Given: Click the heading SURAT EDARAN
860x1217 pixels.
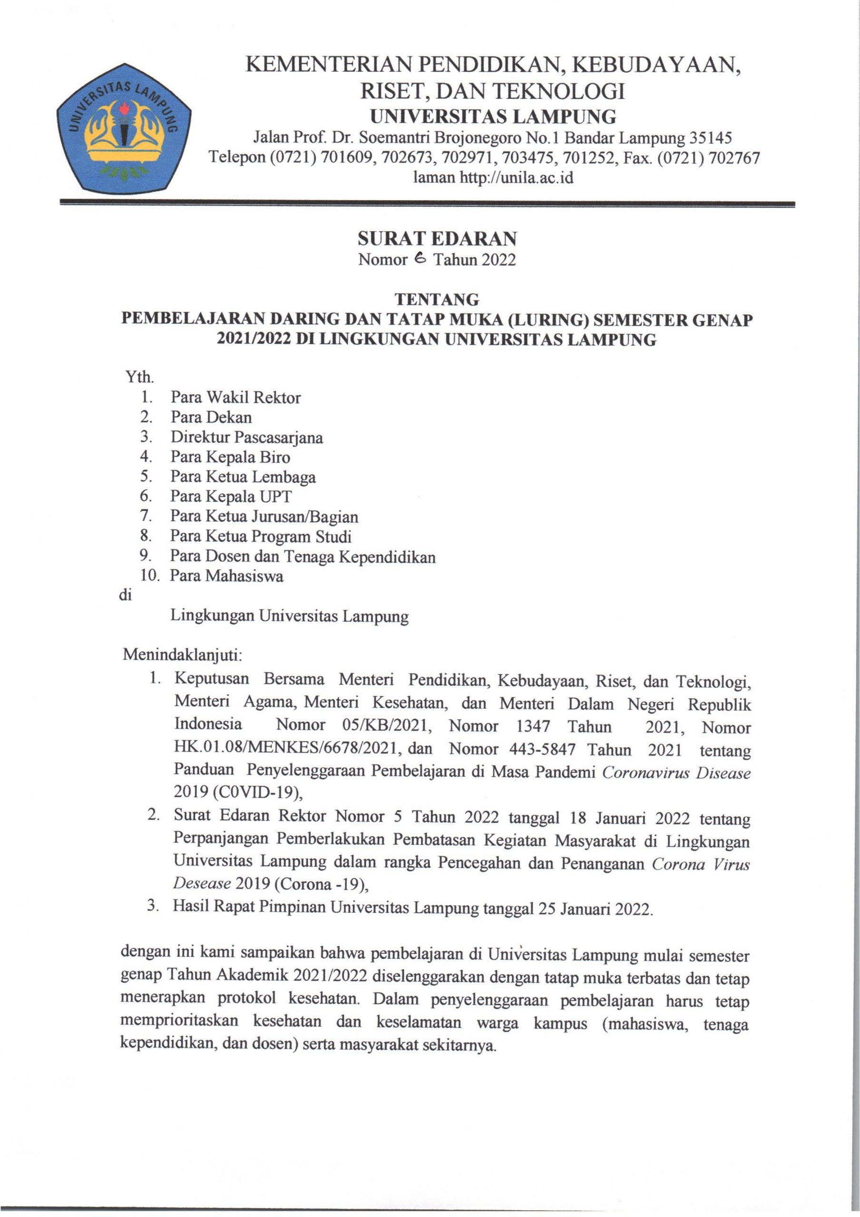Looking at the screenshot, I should click(437, 239).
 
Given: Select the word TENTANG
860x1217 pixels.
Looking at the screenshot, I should click(437, 300).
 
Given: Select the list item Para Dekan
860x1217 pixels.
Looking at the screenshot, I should click(211, 417).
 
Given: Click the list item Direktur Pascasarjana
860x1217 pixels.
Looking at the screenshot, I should click(246, 437).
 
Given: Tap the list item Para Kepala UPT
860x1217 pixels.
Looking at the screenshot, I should click(231, 497).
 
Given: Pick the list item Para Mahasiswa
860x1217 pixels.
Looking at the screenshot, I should click(226, 576).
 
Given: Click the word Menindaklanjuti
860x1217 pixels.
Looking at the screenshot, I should click(182, 655).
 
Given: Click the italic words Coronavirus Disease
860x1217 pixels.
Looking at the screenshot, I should click(676, 773).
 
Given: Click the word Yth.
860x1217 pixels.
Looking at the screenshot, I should click(139, 377).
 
